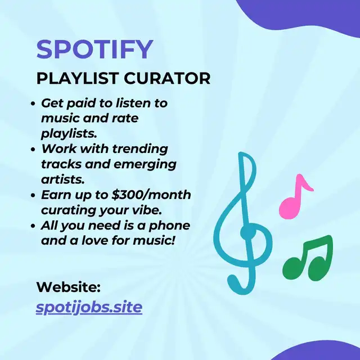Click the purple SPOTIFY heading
coord(94,49)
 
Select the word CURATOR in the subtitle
coord(167,78)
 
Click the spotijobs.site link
coord(89,307)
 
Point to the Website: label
coord(69,287)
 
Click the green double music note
coord(308,258)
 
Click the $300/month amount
coord(151,195)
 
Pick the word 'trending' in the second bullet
coord(140,149)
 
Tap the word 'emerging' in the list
coord(145,165)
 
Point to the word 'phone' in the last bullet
coord(169,226)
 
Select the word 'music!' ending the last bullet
coord(154,241)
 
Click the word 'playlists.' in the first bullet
coord(69,134)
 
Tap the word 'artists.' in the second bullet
coord(63,179)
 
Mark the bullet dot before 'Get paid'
coord(33,103)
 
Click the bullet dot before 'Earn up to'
coord(33,195)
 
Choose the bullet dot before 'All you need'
coord(33,226)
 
